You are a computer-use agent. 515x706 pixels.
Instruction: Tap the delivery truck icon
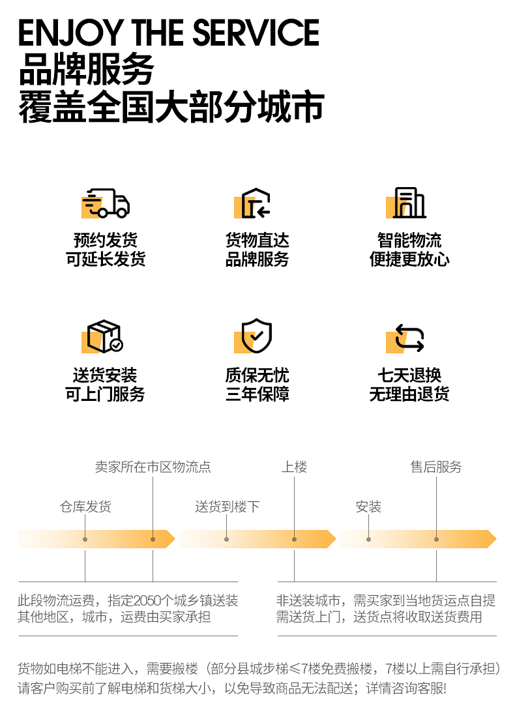[x=106, y=203]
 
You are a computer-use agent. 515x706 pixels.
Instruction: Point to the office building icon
[x=409, y=203]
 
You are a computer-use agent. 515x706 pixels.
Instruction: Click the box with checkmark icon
[x=104, y=336]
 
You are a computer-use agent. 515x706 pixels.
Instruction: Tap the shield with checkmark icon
[x=256, y=336]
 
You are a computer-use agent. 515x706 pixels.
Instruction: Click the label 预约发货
[x=106, y=241]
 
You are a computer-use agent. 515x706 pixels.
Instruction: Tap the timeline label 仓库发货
[x=85, y=507]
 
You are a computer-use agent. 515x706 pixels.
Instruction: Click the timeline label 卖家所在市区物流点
[x=153, y=467]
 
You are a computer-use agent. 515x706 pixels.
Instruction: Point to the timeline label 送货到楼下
[x=227, y=507]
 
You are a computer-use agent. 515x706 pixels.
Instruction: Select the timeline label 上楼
[x=294, y=467]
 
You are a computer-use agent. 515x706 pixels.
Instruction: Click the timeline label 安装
[x=368, y=507]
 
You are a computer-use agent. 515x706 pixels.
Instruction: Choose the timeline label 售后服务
[x=436, y=467]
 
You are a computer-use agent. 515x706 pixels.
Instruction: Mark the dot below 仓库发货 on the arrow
[x=85, y=539]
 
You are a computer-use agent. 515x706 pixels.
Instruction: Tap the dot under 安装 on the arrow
[x=368, y=539]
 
